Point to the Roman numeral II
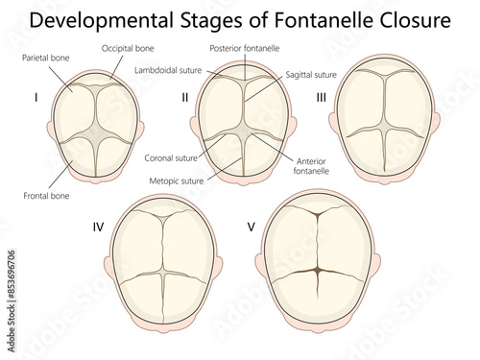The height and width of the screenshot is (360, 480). coord(185,98)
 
